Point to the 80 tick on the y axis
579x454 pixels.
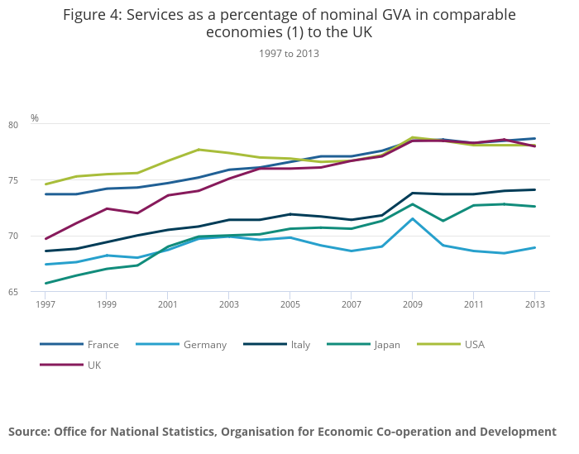point(36,125)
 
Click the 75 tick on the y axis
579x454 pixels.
point(36,180)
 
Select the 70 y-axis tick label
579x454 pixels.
point(36,236)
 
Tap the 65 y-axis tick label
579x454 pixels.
point(36,291)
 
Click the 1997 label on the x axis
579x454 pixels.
point(45,304)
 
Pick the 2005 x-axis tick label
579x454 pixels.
point(289,304)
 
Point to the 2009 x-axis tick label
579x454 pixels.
point(412,304)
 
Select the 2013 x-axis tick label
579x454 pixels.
point(534,304)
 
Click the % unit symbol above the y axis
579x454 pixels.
point(35,118)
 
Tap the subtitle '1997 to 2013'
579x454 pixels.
point(289,53)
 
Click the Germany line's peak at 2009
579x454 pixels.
point(412,218)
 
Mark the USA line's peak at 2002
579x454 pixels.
point(199,150)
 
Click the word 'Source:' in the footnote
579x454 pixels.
point(30,432)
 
